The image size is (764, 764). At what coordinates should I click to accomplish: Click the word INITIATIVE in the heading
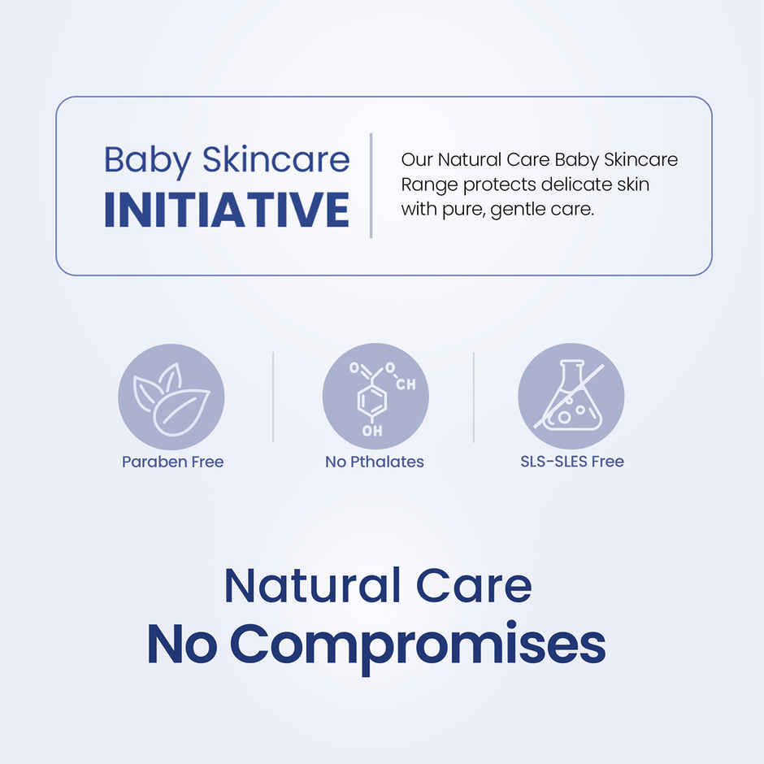click(x=227, y=210)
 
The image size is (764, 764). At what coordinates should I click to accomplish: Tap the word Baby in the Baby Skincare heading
click(x=146, y=159)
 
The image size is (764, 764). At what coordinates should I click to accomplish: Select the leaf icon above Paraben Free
click(x=171, y=397)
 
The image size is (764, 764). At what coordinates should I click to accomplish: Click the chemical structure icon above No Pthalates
click(x=375, y=397)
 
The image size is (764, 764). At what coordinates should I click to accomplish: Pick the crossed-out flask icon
click(x=571, y=397)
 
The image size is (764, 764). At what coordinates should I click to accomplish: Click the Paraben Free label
click(x=172, y=462)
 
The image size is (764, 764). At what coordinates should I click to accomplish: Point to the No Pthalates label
click(x=375, y=462)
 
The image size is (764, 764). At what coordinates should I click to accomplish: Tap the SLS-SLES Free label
click(x=572, y=462)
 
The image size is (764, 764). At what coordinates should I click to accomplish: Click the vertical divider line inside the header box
click(x=371, y=185)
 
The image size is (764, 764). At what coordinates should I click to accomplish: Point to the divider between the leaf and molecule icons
click(x=273, y=397)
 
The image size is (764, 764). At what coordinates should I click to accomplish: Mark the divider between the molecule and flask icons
click(x=474, y=397)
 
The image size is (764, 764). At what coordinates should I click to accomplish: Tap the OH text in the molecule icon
click(x=372, y=431)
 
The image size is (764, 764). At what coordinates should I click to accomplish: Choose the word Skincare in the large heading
click(x=276, y=159)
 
